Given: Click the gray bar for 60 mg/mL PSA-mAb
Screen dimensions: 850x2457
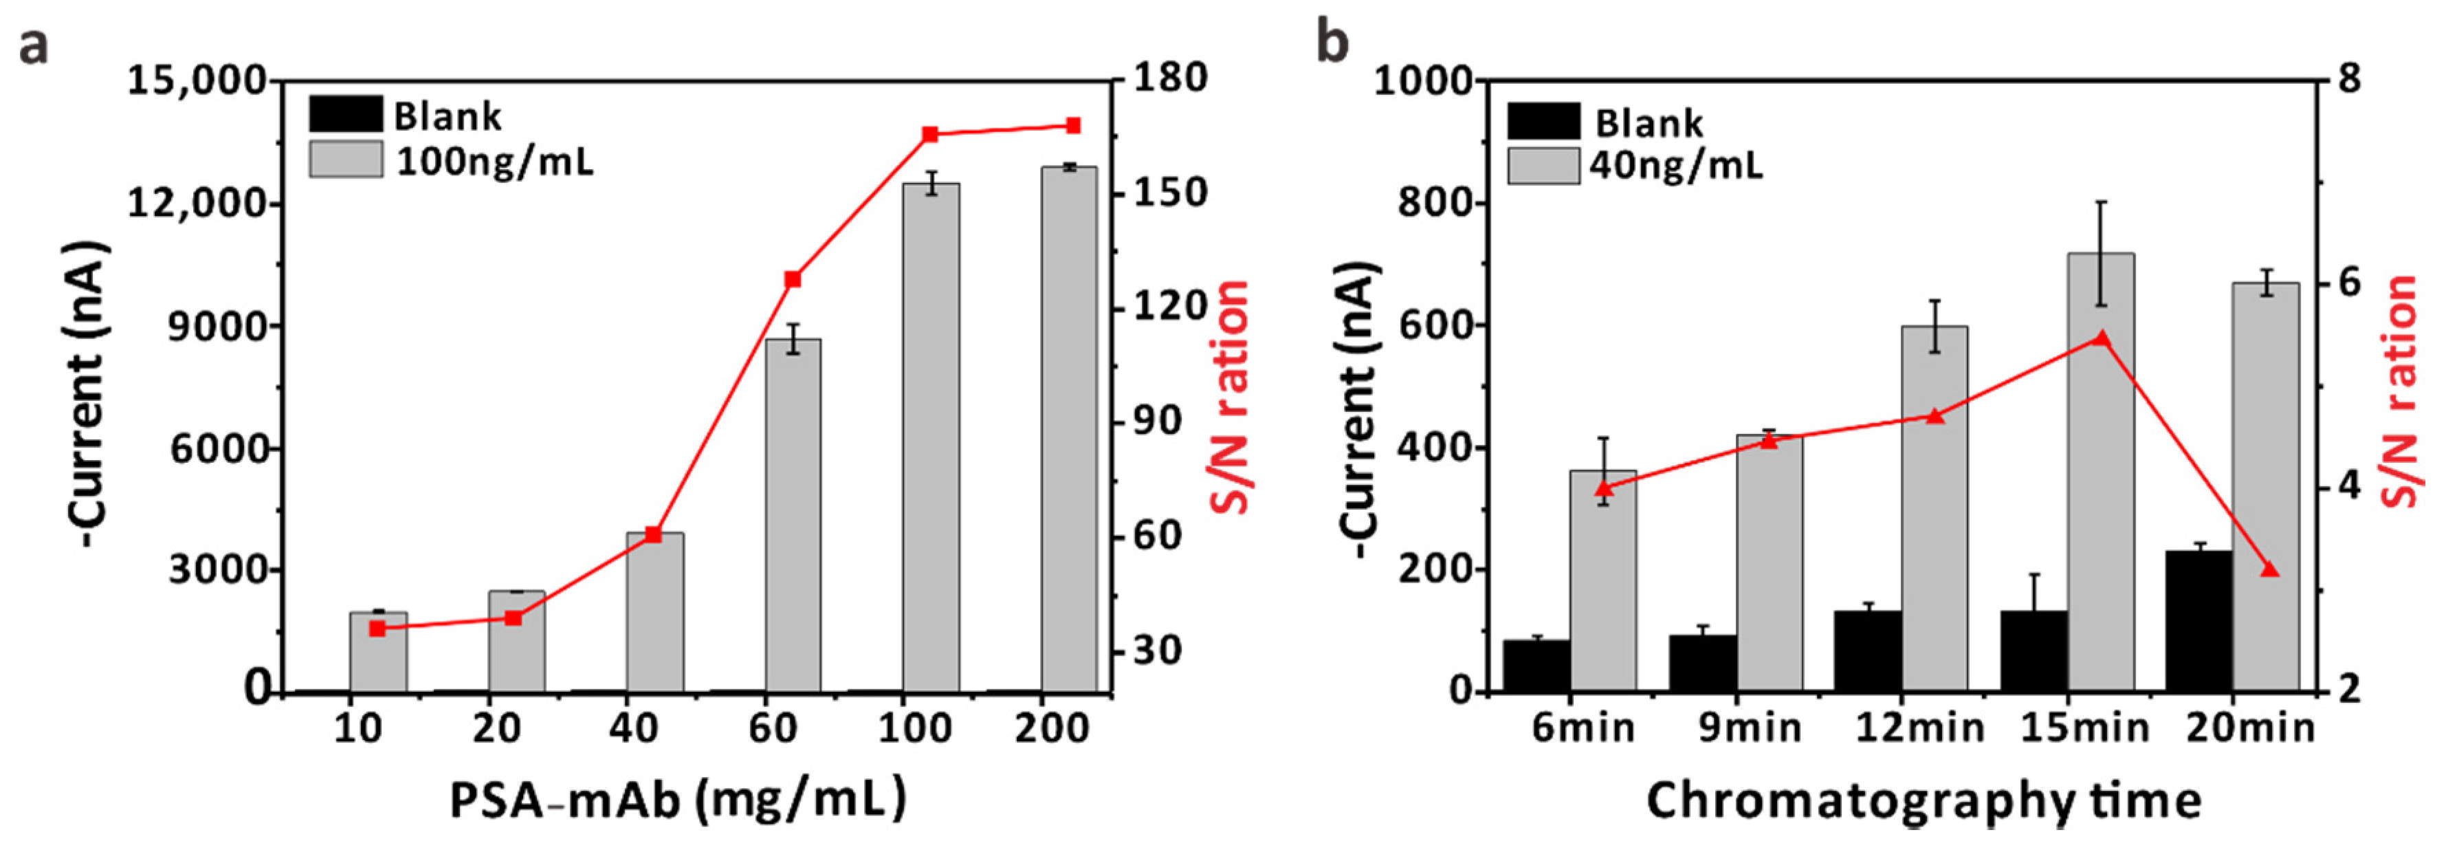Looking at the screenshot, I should coord(793,515).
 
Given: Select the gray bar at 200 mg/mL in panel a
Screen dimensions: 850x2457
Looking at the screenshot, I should coord(1069,429).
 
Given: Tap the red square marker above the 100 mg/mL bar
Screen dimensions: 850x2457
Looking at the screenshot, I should coord(930,135).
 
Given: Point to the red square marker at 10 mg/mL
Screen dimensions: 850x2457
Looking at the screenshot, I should coord(377,628).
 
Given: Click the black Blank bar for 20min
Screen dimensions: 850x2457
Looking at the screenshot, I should coord(2199,620).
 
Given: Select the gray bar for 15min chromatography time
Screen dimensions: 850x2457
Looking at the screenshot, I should coord(2100,472).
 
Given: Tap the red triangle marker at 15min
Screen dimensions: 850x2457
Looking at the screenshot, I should coord(2101,338).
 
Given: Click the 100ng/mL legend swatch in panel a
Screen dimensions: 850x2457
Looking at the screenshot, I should coord(345,160).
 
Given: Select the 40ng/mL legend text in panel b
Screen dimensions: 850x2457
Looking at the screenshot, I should coord(1676,166).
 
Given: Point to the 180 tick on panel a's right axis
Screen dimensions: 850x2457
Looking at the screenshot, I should coord(1169,78).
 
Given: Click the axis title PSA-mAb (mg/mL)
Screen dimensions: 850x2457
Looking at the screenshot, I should coord(678,799).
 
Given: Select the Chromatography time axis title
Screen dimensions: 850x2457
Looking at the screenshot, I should coord(1924,799).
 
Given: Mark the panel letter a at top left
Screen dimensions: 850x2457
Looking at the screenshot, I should coord(34,45).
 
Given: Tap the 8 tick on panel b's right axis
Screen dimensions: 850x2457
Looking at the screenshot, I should coord(2350,78).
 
